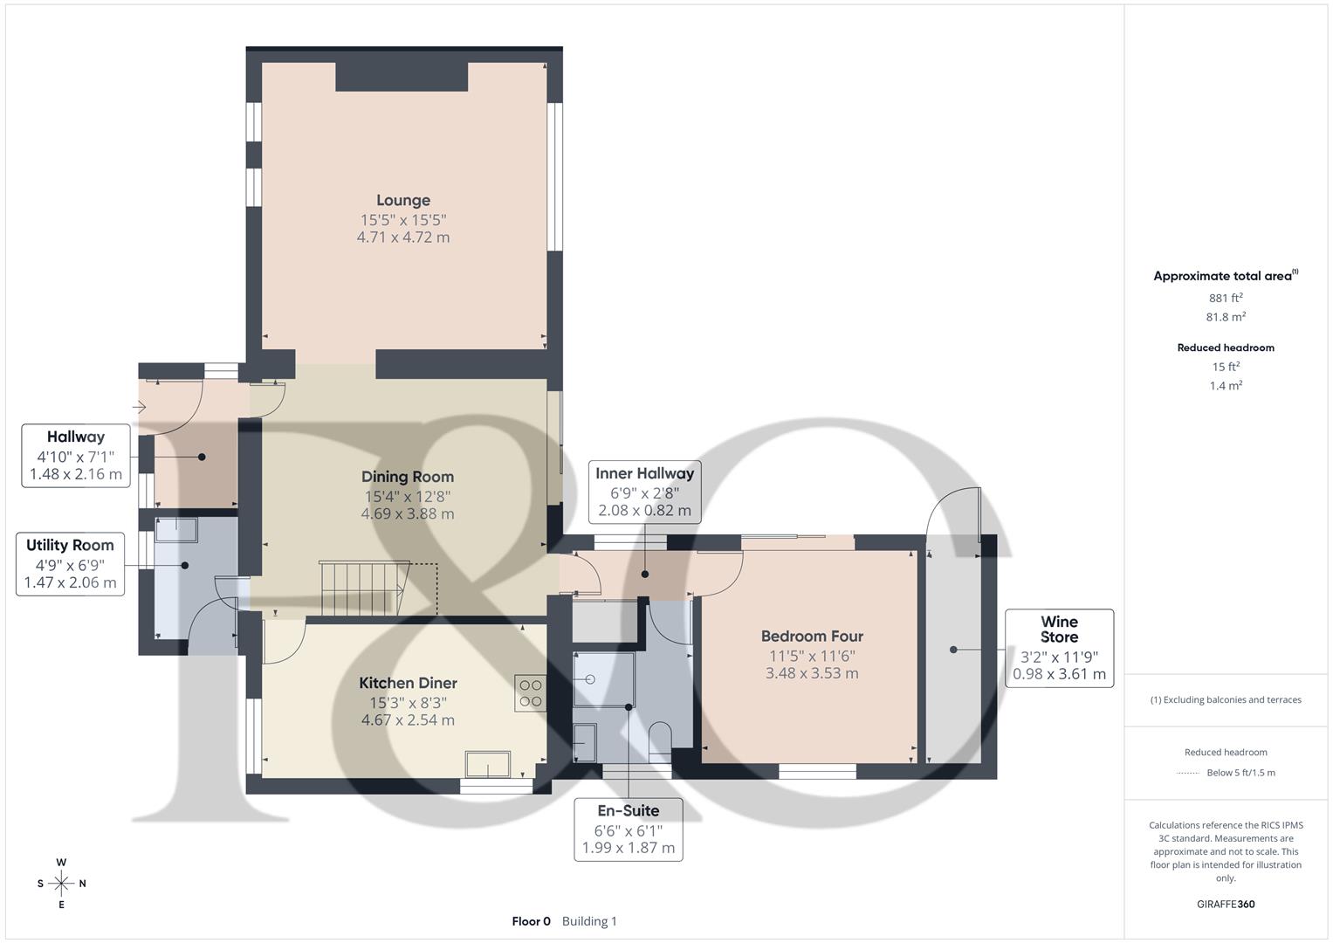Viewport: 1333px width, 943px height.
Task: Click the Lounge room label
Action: pyautogui.click(x=402, y=200)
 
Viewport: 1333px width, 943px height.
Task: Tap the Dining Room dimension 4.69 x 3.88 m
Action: pyautogui.click(x=408, y=514)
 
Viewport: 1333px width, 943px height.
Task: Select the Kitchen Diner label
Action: pyautogui.click(x=408, y=683)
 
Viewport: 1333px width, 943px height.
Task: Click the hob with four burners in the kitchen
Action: pyautogui.click(x=531, y=692)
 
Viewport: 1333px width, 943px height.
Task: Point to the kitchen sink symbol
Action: pyautogui.click(x=488, y=763)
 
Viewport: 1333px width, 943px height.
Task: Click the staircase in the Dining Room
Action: pyautogui.click(x=364, y=588)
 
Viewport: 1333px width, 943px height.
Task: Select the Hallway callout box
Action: pyautogui.click(x=76, y=455)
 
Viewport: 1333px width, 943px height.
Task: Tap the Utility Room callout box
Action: pyautogui.click(x=70, y=564)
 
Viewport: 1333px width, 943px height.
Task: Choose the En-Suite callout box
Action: pyautogui.click(x=628, y=829)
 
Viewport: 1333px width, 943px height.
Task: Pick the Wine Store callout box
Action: pyautogui.click(x=1059, y=648)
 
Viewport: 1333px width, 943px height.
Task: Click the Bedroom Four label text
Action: pyautogui.click(x=812, y=637)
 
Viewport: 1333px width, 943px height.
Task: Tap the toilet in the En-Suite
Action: pyautogui.click(x=659, y=736)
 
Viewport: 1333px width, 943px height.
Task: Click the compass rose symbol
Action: pyautogui.click(x=61, y=884)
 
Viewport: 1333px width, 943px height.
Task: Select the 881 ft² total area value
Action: pyautogui.click(x=1226, y=298)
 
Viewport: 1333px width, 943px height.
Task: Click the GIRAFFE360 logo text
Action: pyautogui.click(x=1226, y=904)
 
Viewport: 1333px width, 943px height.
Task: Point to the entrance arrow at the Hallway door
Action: pyautogui.click(x=139, y=407)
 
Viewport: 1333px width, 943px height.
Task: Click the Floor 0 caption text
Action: pyautogui.click(x=531, y=921)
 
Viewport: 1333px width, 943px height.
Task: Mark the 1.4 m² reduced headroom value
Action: pyautogui.click(x=1226, y=386)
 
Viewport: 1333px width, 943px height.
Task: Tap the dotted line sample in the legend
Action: pyautogui.click(x=1187, y=773)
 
